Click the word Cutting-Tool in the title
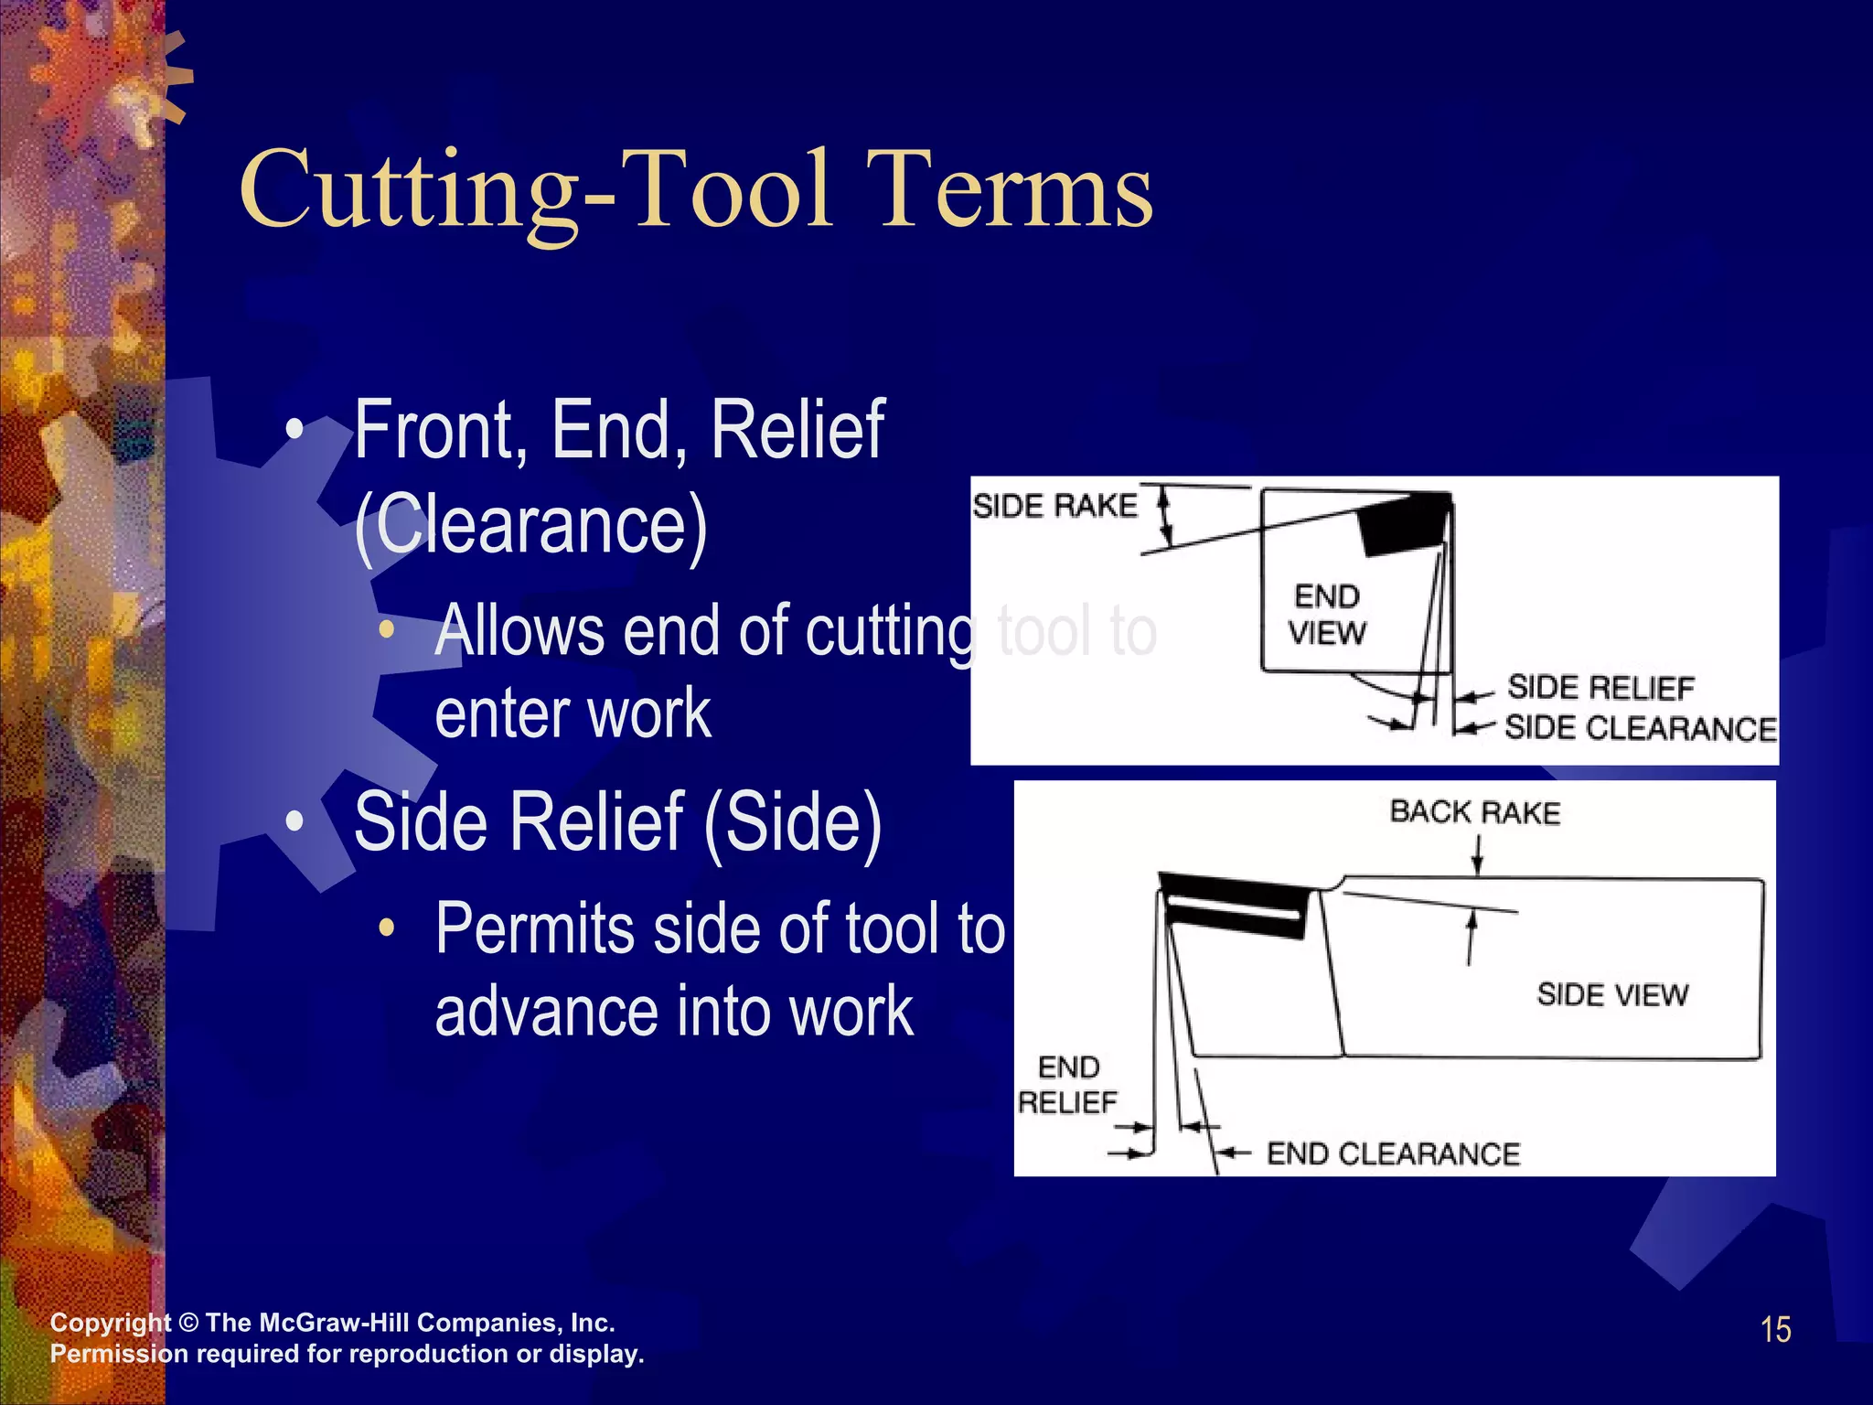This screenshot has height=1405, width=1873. tap(536, 191)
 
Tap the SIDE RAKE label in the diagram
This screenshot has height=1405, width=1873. tap(1054, 506)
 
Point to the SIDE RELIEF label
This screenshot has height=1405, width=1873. tap(1600, 687)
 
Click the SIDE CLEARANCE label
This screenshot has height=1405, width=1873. tap(1640, 728)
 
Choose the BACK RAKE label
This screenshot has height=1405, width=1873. tap(1474, 812)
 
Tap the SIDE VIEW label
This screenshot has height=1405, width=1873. tap(1612, 994)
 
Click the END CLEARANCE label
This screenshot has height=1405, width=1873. tap(1393, 1154)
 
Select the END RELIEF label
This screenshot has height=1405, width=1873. tap(1068, 1085)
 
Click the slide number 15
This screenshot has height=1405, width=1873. tap(1775, 1330)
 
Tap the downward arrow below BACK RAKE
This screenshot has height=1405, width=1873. tap(1477, 855)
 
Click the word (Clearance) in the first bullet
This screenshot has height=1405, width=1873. tap(530, 526)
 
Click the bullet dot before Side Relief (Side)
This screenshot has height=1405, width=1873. tap(294, 821)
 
